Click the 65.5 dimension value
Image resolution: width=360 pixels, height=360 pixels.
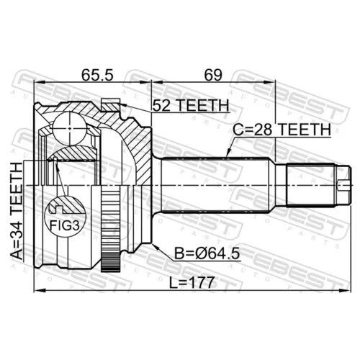[97, 75]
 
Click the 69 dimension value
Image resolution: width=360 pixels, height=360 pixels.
[213, 75]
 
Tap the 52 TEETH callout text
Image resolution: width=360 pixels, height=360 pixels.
[191, 105]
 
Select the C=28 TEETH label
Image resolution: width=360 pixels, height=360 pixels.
[282, 130]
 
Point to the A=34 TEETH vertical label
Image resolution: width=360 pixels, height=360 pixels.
[17, 211]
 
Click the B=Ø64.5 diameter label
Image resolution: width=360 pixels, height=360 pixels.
[207, 253]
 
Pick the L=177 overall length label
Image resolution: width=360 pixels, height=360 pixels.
[192, 283]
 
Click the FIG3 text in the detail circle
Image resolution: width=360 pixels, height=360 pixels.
[64, 225]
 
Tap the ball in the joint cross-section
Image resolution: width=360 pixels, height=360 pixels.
[70, 128]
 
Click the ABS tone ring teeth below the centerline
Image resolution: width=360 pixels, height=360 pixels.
[110, 228]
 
